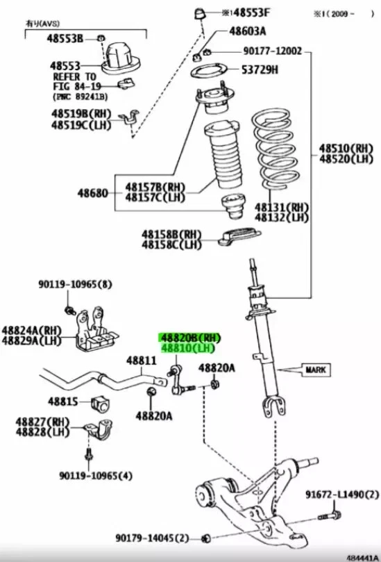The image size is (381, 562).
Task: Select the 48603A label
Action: pos(248,31)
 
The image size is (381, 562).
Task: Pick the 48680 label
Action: pos(93,192)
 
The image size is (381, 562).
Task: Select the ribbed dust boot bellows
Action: pos(222,159)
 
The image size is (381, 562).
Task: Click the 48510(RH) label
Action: pos(346,148)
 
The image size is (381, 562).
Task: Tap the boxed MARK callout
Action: pos(315,370)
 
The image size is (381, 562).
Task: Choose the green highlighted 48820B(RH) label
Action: pos(191,338)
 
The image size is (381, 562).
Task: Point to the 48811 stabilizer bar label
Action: pos(142,361)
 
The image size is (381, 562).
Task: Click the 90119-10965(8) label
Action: pos(74,284)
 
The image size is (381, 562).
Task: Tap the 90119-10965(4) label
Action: pos(95,475)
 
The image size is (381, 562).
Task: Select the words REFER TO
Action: pos(73,76)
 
